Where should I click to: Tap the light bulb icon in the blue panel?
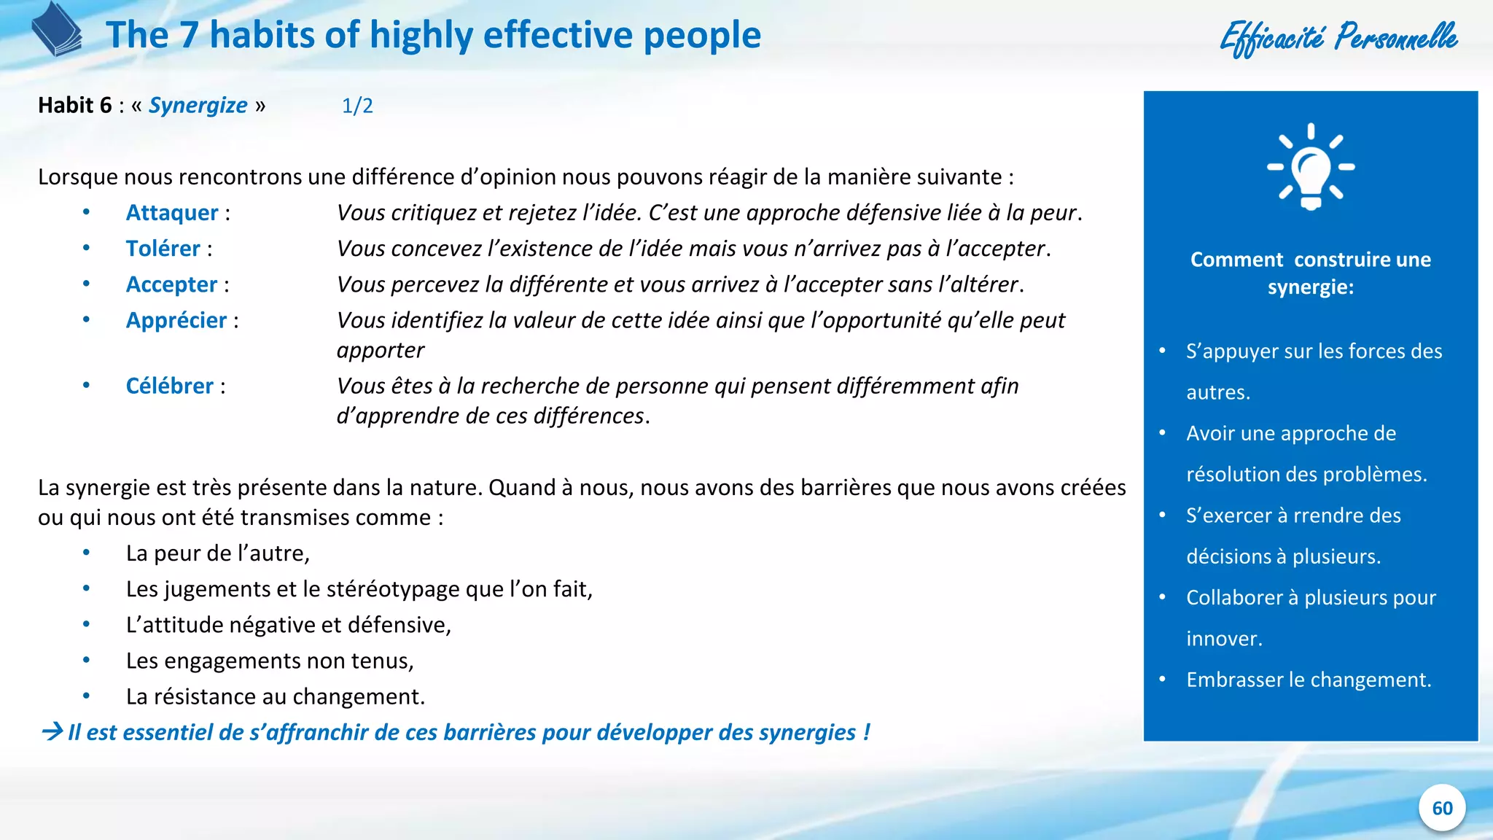(1311, 167)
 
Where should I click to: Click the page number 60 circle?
(1442, 808)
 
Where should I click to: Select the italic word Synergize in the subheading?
(198, 106)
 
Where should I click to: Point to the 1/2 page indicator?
(357, 106)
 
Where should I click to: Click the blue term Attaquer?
(172, 213)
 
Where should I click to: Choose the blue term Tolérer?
(163, 249)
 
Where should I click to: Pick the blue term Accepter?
(171, 284)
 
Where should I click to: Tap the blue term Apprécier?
(176, 320)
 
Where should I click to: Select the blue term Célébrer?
(170, 386)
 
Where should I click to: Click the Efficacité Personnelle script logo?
(1338, 36)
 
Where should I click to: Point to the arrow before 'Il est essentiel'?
(52, 731)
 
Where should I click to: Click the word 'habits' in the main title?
(262, 35)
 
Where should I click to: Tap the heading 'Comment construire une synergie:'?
(1310, 273)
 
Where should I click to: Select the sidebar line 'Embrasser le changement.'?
(1309, 680)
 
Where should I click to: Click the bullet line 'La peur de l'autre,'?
(218, 553)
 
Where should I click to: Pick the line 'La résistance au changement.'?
(275, 696)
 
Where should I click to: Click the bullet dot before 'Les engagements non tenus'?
(86, 661)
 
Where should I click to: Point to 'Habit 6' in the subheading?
(75, 106)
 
